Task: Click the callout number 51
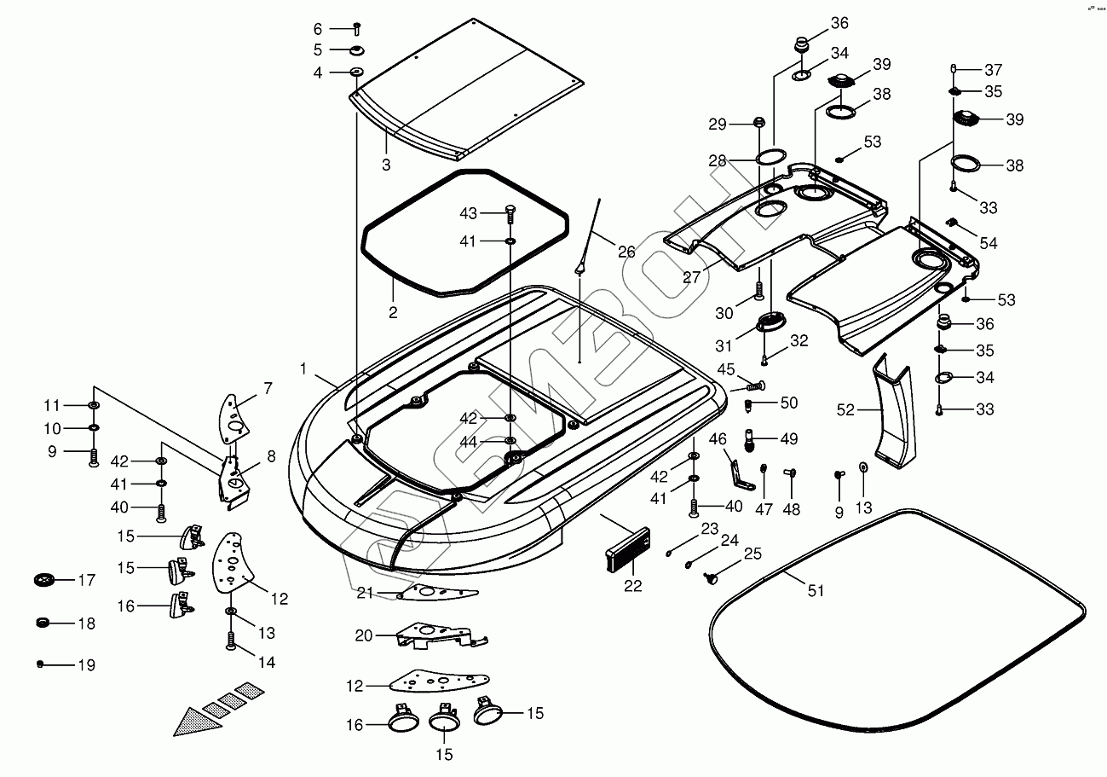(816, 590)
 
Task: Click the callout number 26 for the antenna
(626, 252)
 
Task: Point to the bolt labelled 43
(510, 212)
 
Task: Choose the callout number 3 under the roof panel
(386, 165)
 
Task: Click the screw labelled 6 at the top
(357, 28)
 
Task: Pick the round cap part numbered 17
(43, 580)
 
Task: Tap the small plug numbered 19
(40, 664)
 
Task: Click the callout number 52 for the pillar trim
(845, 410)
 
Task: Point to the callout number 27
(692, 276)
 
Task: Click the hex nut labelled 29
(758, 125)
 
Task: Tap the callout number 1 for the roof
(303, 368)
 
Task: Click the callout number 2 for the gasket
(393, 313)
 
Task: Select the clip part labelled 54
(955, 225)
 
